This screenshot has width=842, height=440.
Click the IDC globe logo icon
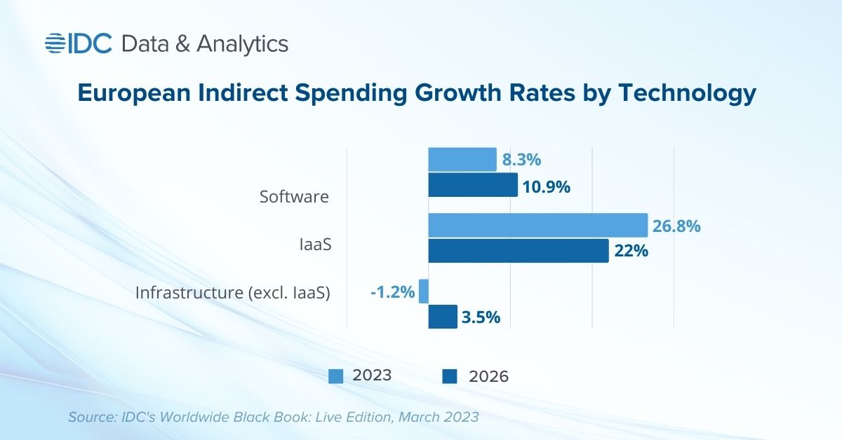(55, 43)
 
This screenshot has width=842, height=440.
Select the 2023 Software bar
(462, 160)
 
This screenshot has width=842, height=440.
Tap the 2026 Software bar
(472, 185)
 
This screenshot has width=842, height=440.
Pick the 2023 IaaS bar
(537, 226)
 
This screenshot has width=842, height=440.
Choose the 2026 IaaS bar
(518, 251)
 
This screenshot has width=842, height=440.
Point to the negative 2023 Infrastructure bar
(423, 291)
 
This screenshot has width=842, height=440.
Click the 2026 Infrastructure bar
(442, 317)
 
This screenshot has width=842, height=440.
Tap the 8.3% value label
(521, 160)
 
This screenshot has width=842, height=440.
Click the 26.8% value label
(676, 226)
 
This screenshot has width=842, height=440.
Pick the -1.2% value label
(393, 290)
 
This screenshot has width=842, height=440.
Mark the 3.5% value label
(481, 317)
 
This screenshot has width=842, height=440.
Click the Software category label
(294, 197)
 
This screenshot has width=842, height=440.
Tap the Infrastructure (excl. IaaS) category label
(232, 292)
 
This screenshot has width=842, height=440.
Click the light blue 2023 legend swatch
(335, 377)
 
